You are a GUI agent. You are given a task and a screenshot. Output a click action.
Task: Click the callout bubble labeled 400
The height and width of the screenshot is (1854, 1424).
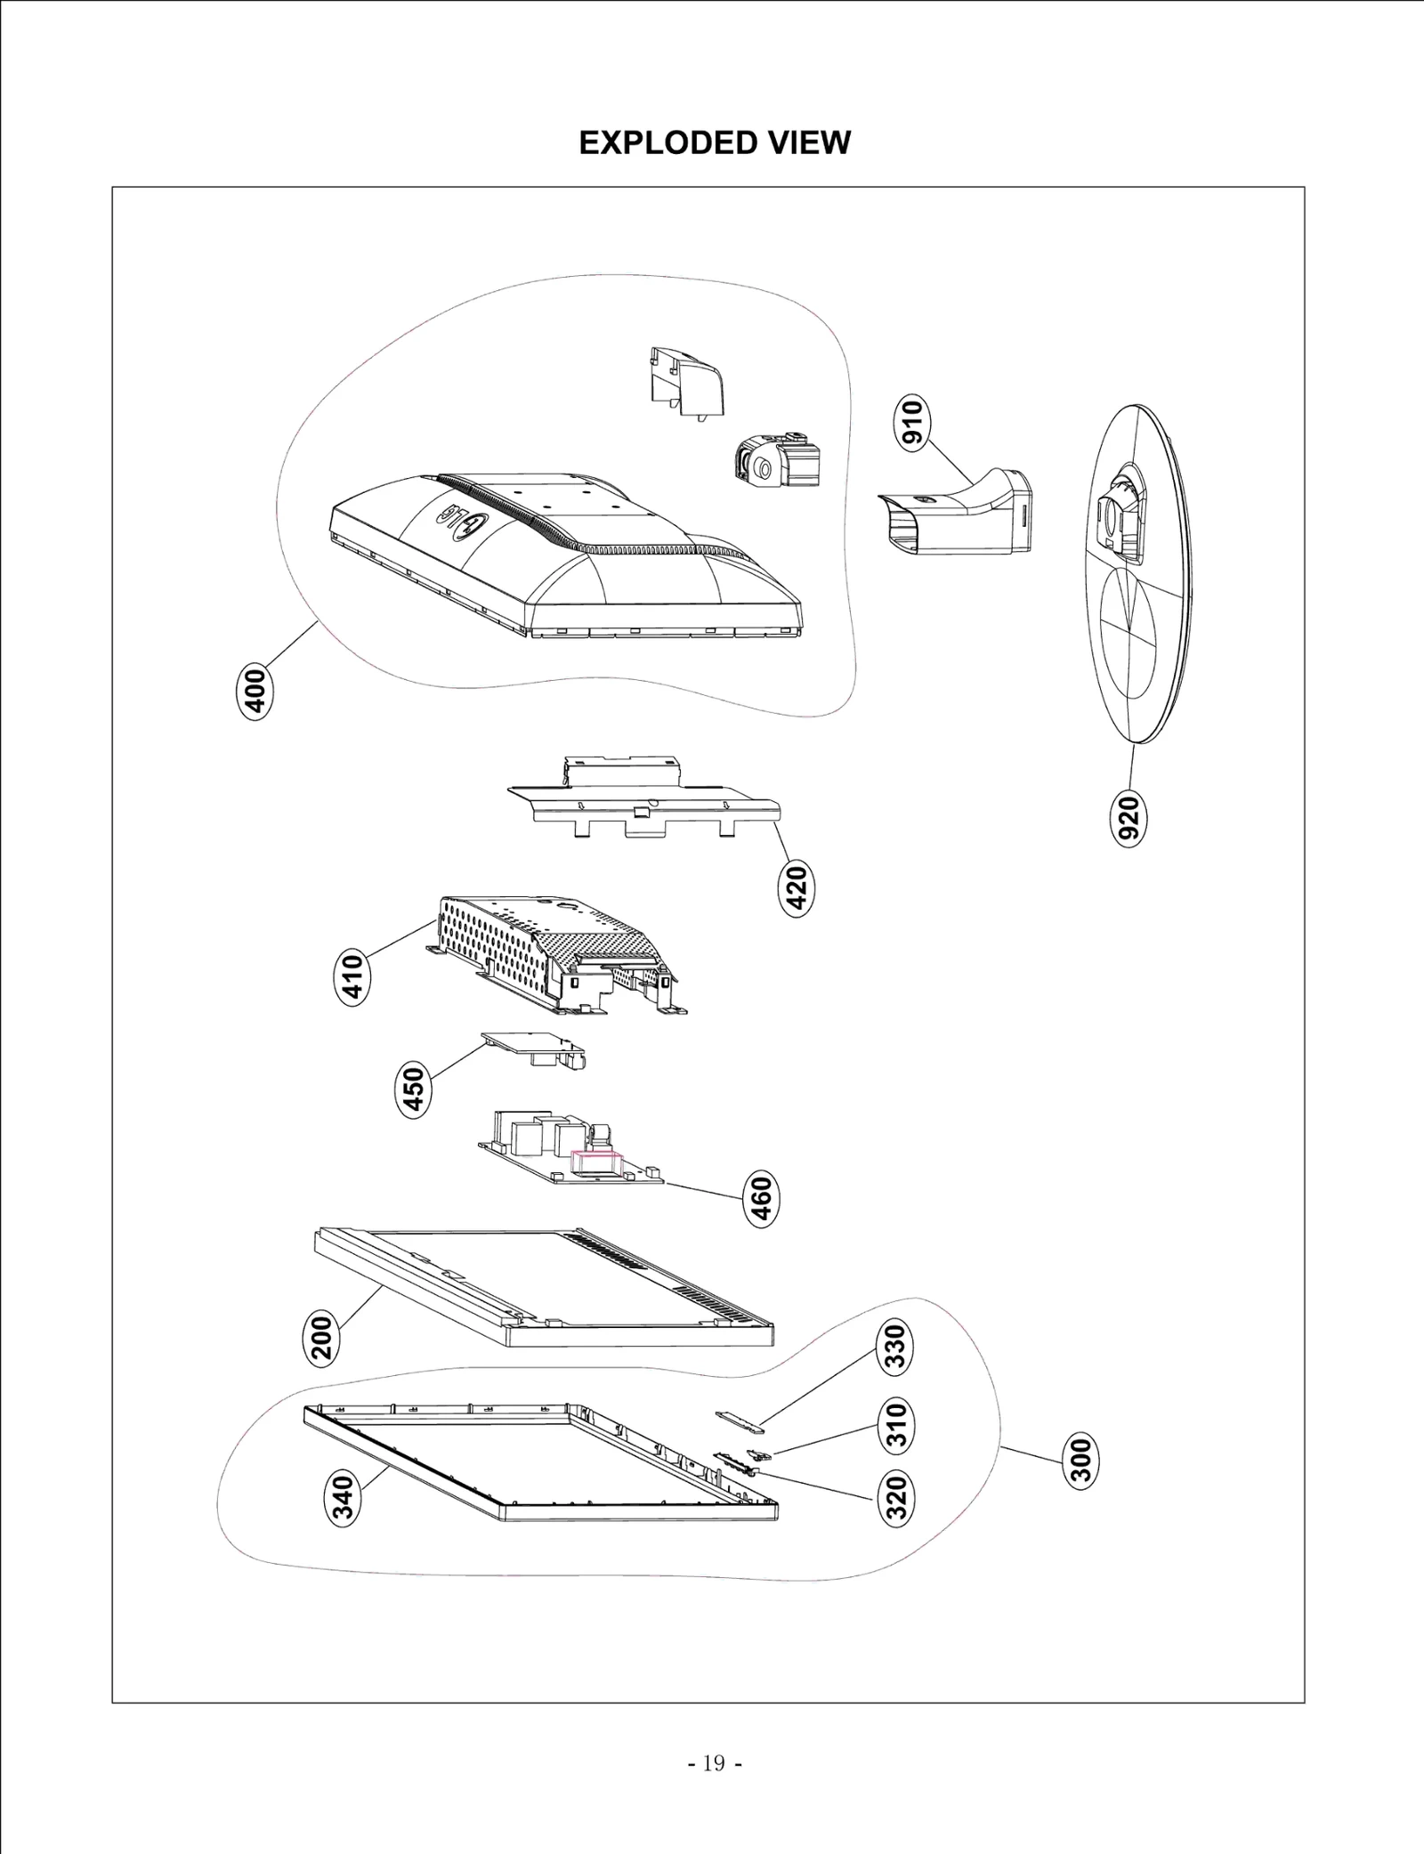tap(255, 691)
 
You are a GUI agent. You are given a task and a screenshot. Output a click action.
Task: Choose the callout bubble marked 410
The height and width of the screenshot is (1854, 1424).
tap(353, 978)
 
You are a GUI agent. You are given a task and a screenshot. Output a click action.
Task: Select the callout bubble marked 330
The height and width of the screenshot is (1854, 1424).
tap(896, 1347)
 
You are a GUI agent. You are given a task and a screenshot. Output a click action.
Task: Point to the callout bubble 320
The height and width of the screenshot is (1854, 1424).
tap(898, 1497)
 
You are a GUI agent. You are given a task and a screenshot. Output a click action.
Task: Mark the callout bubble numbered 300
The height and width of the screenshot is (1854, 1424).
tap(1081, 1460)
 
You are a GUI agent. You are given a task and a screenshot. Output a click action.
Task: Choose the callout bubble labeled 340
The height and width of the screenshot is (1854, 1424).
tap(344, 1498)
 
